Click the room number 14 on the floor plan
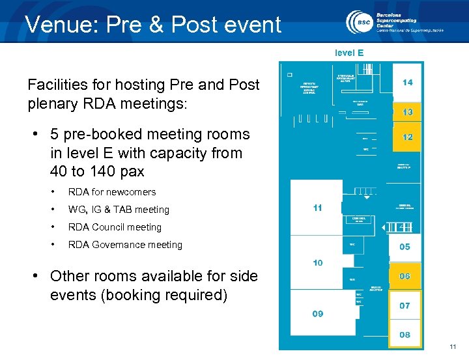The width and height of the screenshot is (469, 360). pos(407,83)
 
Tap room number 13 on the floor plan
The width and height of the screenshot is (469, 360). pos(407,112)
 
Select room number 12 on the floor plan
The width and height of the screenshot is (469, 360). pos(407,137)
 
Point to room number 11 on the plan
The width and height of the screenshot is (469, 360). pos(317,208)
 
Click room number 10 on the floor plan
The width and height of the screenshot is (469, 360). pos(317,263)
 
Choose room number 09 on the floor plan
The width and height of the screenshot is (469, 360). pos(317,313)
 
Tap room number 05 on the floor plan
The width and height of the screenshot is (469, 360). pos(405,247)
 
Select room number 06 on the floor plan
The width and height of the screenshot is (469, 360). pos(405,276)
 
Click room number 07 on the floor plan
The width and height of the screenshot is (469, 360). pos(405,305)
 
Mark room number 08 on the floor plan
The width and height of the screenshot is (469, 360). pos(405,335)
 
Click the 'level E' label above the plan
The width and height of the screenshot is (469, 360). pos(349,53)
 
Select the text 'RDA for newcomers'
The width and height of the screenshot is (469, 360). pos(112,192)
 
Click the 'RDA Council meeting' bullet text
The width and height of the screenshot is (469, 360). pos(115,227)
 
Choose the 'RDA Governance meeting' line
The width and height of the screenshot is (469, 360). pos(125,245)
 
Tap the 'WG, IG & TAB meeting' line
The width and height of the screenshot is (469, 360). pos(119,210)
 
